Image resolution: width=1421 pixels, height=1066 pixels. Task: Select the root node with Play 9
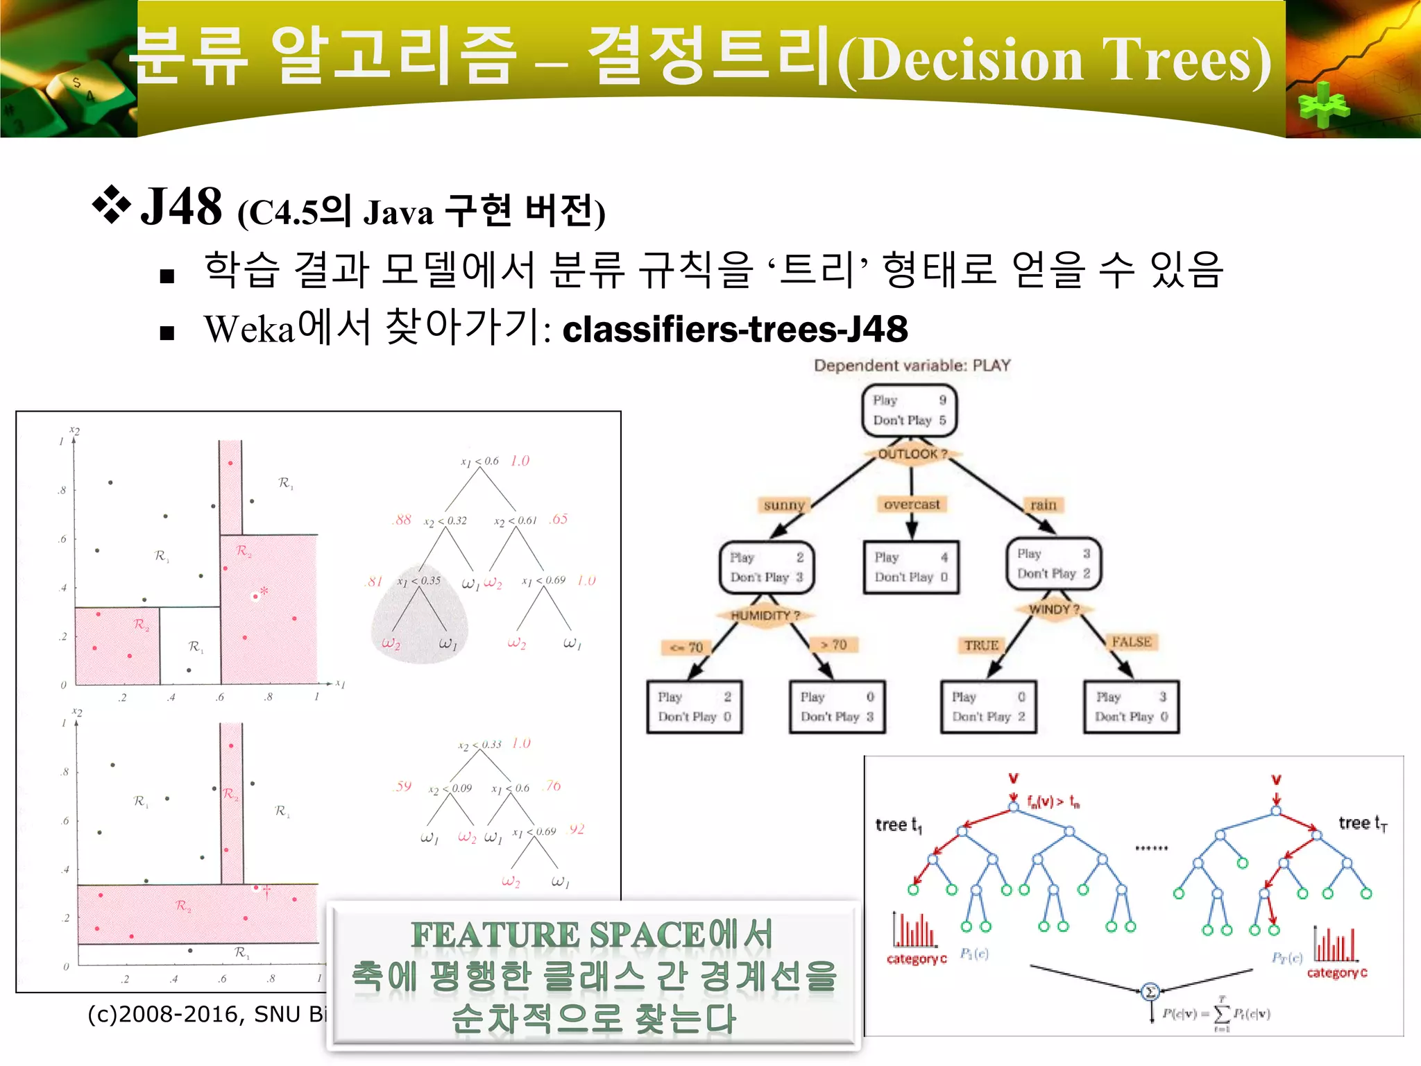point(910,411)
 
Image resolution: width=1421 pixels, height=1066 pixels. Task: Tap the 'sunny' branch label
point(783,505)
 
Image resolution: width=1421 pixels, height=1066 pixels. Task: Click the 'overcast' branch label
point(912,505)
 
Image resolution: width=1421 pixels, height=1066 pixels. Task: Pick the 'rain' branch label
point(1043,505)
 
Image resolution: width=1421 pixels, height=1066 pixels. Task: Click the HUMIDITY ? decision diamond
point(765,616)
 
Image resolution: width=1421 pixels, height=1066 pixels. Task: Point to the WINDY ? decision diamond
point(1054,609)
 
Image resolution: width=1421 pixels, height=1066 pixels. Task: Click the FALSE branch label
point(1131,642)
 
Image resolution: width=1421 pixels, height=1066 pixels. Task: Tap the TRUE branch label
point(981,645)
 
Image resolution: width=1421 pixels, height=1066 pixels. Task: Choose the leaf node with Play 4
point(911,567)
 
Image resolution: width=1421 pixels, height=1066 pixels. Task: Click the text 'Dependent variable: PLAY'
point(912,366)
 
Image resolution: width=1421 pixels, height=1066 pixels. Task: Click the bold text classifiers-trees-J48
point(734,329)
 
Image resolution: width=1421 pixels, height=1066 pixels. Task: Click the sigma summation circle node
point(1150,992)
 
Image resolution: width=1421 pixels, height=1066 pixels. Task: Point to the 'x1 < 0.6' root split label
point(479,461)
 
